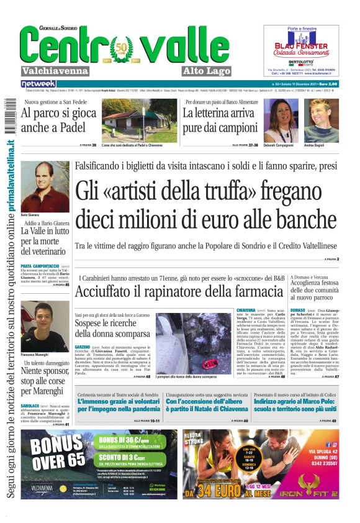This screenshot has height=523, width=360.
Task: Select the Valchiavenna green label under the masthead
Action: point(53,70)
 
